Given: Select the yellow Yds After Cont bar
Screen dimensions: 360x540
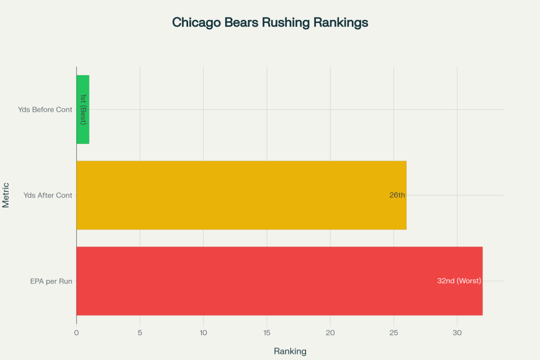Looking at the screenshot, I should pos(241,195).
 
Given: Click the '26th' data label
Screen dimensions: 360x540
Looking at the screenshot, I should pos(397,195).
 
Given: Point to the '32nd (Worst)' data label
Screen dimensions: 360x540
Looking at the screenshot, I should pos(459,281).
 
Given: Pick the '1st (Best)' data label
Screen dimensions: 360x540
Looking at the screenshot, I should pos(83,109).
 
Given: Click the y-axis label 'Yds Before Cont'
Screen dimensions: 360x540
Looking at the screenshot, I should pos(45,110).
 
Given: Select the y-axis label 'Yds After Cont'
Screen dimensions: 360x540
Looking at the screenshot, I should pos(48,196).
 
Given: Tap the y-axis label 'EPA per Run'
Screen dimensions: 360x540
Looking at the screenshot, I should pos(52,281).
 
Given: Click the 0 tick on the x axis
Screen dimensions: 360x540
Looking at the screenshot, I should pos(76,332).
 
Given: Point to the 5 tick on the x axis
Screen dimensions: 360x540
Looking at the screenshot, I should pos(140,332).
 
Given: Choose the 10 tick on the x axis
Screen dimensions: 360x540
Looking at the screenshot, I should pos(203,332).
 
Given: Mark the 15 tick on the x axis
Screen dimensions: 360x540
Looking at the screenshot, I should pos(267,332).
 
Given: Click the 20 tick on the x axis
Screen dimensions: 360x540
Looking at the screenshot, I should pos(330,332).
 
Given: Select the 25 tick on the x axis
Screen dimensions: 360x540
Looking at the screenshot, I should pos(394,332).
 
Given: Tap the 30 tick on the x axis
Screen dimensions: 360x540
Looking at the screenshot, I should pos(457,332).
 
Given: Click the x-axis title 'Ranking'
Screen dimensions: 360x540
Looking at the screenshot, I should pos(290,351).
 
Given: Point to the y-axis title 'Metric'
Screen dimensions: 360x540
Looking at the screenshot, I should pos(6,195).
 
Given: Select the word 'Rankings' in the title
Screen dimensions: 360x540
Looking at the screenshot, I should pos(340,22).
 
